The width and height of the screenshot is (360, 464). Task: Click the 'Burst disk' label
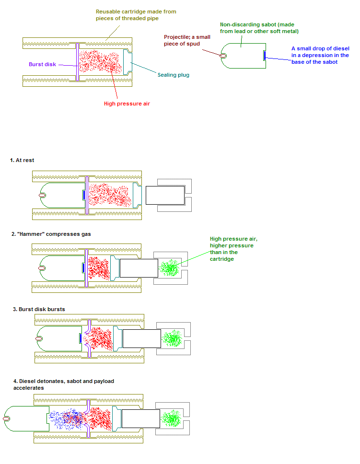[43, 64]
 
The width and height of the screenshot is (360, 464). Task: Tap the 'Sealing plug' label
[173, 74]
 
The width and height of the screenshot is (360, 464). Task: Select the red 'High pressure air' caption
[127, 104]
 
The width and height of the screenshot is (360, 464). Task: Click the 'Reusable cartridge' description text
[138, 15]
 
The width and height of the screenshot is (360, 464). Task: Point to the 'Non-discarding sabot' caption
[259, 28]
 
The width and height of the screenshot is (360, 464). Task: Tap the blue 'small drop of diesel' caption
[320, 55]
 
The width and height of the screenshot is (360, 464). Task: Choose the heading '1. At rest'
[22, 160]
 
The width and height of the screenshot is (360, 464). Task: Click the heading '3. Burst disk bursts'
[39, 309]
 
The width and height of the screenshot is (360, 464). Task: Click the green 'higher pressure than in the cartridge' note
[231, 248]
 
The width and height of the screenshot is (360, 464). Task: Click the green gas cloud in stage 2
[170, 267]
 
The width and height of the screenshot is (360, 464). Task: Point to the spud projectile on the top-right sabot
[224, 55]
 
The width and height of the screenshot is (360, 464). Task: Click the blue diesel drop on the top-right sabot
[264, 55]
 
